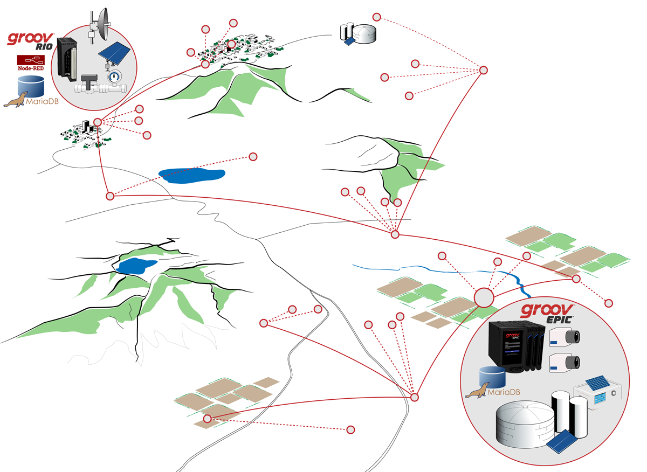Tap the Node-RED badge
31,62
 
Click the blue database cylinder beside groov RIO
30,86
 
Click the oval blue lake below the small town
192,175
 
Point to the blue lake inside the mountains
136,266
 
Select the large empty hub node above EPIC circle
484,297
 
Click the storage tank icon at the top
359,33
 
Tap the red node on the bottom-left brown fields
207,419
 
